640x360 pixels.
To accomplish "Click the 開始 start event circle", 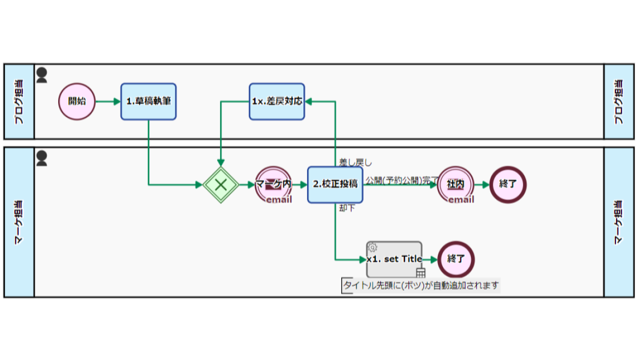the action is tap(77, 101).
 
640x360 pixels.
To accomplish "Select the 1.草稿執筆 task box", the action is tap(149, 101).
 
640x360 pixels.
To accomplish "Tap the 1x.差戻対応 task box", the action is tap(277, 101).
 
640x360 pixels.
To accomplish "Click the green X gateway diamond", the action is tap(221, 185).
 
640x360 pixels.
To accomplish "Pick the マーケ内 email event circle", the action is tap(274, 185).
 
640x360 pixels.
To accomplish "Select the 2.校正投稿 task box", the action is tap(335, 185).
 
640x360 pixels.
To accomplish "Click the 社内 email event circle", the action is tap(455, 185).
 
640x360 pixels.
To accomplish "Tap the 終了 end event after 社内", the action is tap(508, 185).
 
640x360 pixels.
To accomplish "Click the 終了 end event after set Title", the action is tap(456, 259).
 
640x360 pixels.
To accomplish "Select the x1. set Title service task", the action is tap(394, 259).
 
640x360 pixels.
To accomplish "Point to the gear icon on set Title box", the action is tap(372, 247).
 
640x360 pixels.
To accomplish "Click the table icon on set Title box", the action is tap(421, 273).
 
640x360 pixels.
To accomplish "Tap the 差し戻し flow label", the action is tap(355, 163).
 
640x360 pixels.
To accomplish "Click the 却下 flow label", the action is tap(347, 208).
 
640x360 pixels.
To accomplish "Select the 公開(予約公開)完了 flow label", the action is tap(402, 180).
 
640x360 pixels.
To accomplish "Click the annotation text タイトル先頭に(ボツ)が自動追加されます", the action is tap(421, 285).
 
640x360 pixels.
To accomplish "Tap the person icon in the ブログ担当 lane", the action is tap(42, 75).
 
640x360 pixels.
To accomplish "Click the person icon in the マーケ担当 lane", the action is tap(42, 158).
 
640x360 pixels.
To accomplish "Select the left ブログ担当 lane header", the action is tap(19, 102).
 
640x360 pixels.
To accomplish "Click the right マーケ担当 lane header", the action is tap(619, 222).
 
